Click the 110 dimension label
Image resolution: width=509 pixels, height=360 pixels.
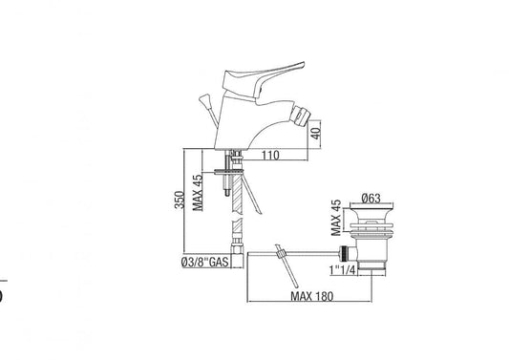click(270, 155)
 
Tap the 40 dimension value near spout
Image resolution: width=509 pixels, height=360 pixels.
click(316, 133)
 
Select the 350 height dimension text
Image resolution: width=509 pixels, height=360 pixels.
click(180, 200)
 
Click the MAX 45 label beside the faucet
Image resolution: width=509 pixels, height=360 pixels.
click(198, 193)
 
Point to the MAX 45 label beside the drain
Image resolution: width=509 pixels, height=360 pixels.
click(336, 218)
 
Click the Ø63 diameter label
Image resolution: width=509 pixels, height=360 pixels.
click(371, 198)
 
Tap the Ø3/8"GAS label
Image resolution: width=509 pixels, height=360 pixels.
click(205, 262)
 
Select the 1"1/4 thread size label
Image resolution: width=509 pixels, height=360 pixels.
click(343, 269)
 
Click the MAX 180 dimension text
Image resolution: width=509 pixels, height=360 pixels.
click(311, 296)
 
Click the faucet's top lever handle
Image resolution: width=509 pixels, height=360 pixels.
click(262, 77)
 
